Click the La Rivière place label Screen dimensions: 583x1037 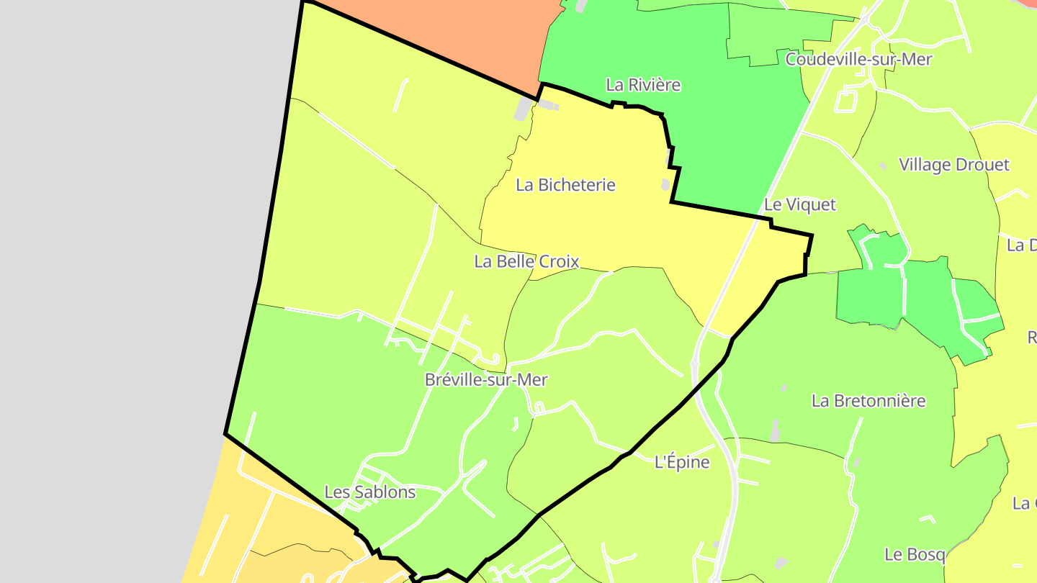pyautogui.click(x=643, y=85)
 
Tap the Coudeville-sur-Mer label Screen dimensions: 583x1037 pyautogui.click(x=858, y=59)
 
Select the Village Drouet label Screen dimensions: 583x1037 pyautogui.click(x=954, y=165)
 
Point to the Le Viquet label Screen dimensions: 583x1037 pyautogui.click(x=799, y=205)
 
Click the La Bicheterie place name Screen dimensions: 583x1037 pyautogui.click(x=565, y=185)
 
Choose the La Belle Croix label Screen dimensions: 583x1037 pyautogui.click(x=526, y=261)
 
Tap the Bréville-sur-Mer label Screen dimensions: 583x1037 pyautogui.click(x=486, y=379)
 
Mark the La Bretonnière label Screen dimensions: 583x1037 pyautogui.click(x=868, y=401)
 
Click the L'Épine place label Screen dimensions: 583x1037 pyautogui.click(x=682, y=462)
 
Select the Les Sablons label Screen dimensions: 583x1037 pyautogui.click(x=370, y=492)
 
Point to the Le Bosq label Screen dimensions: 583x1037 pyautogui.click(x=915, y=554)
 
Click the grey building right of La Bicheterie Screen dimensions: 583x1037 pyautogui.click(x=665, y=185)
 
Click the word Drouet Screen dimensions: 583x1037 pyautogui.click(x=982, y=165)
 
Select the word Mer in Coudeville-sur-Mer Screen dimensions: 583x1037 pyautogui.click(x=915, y=59)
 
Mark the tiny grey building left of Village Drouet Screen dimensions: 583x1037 pyautogui.click(x=883, y=166)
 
